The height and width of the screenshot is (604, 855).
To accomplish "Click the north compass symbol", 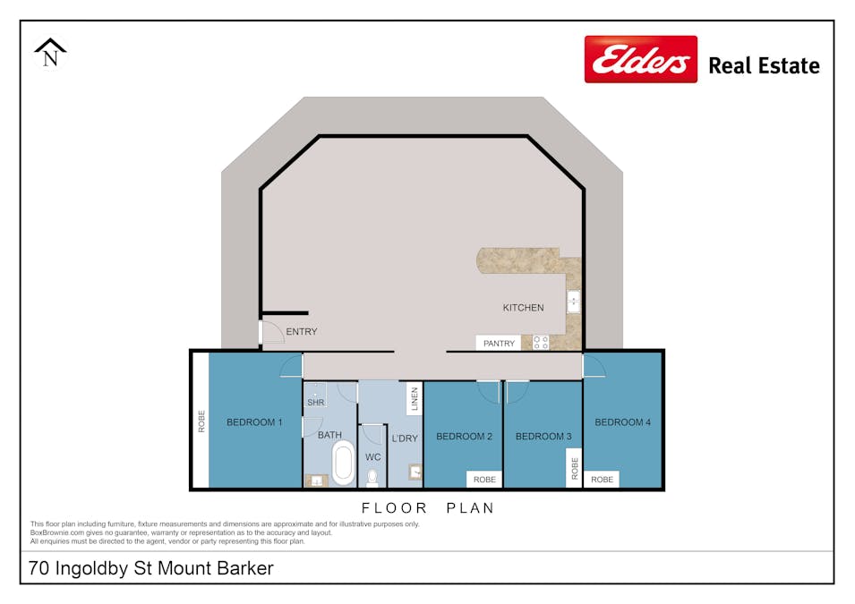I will (x=51, y=53).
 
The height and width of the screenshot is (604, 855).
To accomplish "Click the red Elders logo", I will (x=640, y=59).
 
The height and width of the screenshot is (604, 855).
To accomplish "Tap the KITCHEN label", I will (x=523, y=308).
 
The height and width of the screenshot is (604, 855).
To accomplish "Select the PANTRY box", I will (x=499, y=344).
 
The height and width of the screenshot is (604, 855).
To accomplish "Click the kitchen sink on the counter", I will (x=573, y=302).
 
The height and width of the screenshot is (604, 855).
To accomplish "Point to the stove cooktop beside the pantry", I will (x=541, y=342).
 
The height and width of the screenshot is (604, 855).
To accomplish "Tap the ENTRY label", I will (x=301, y=332).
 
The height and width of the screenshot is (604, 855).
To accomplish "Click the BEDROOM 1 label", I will (x=254, y=422).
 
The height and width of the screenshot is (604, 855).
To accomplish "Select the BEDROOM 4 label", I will (x=622, y=422).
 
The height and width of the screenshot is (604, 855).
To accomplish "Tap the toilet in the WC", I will (x=372, y=477).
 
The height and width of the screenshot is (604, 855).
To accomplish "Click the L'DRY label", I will (x=405, y=438).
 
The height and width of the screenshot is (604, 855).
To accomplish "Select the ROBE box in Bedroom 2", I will (x=484, y=480).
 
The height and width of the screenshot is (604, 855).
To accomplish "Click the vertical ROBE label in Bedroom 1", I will (x=201, y=421).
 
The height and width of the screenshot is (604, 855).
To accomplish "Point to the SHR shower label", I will (x=315, y=403).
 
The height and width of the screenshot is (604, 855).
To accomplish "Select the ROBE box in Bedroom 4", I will (x=602, y=480).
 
